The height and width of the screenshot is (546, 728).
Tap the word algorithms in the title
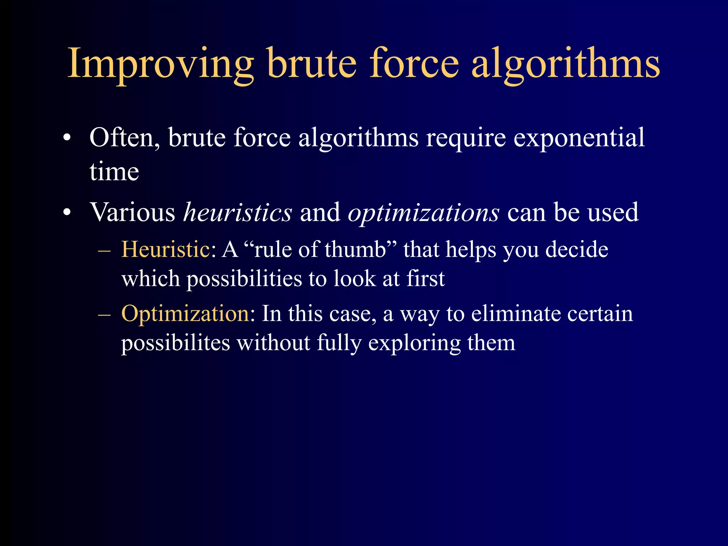[565, 64]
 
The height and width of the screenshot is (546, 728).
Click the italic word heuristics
[237, 213]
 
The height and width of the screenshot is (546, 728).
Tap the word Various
[132, 213]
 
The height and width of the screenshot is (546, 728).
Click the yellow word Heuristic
[166, 249]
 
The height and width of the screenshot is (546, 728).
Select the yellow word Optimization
[185, 314]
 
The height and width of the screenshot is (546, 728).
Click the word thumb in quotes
[355, 249]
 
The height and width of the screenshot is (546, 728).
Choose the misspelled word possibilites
[176, 343]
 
